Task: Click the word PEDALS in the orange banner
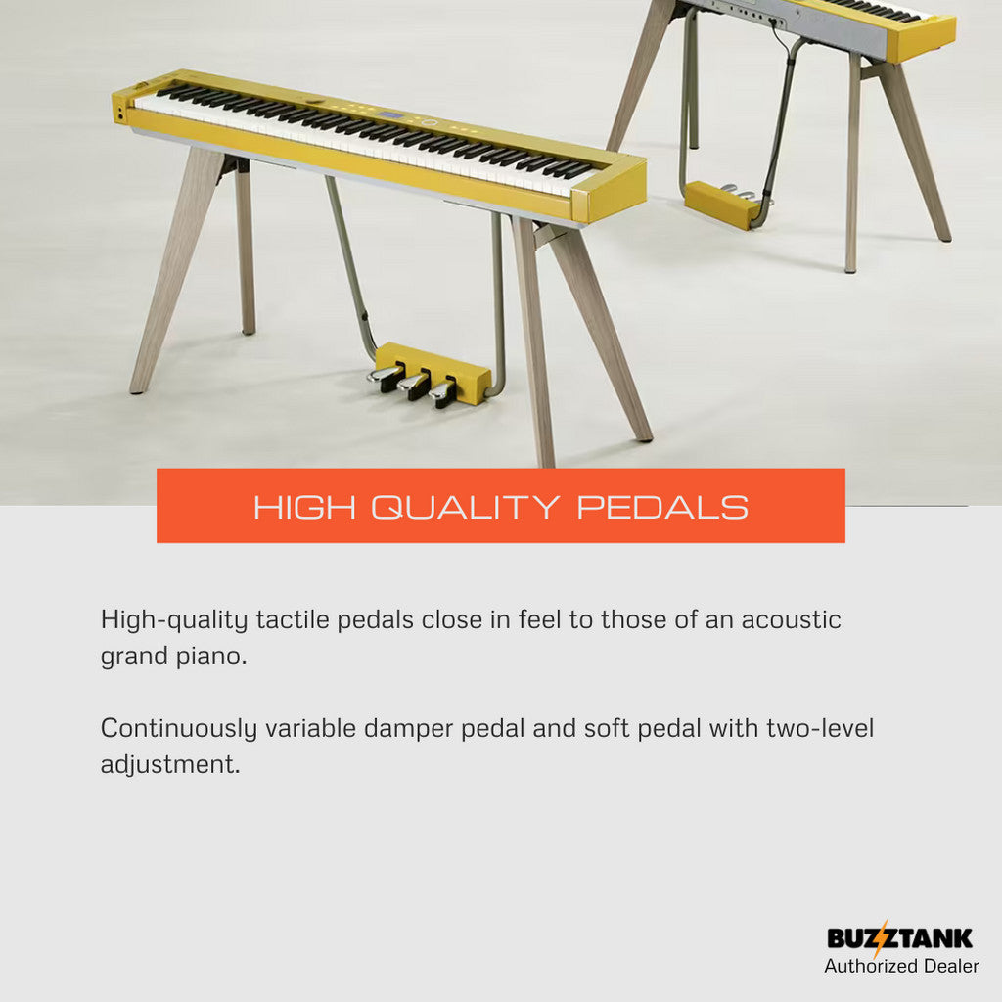[x=662, y=508]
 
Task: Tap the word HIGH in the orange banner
[x=305, y=508]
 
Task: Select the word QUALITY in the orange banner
[x=465, y=508]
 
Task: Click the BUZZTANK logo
[x=900, y=938]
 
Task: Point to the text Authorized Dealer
[x=901, y=966]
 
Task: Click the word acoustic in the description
[x=791, y=619]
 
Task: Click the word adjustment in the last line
[x=170, y=765]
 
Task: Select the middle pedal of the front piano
[x=414, y=385]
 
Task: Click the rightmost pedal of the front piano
[x=443, y=392]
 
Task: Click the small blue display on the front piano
[x=391, y=116]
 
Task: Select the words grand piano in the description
[x=174, y=657]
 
